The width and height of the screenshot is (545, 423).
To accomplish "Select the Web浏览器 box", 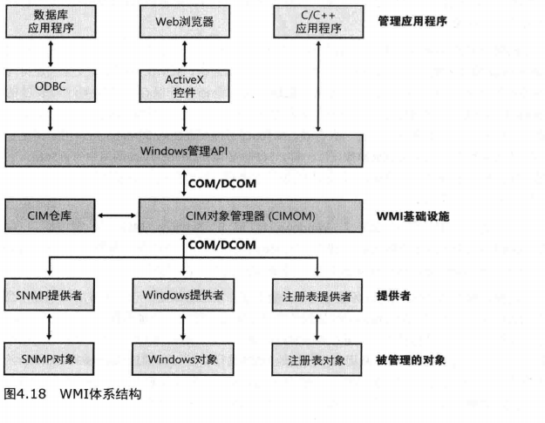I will coord(183,21).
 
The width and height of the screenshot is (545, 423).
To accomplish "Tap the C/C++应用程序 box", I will coord(317,21).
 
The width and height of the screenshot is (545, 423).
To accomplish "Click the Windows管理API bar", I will coord(185,150).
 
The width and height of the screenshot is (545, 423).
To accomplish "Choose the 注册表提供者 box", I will coord(317,295).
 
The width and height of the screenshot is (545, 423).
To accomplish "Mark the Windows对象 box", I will coord(183,358).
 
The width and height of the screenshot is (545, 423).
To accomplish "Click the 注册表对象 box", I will coord(317,358).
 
